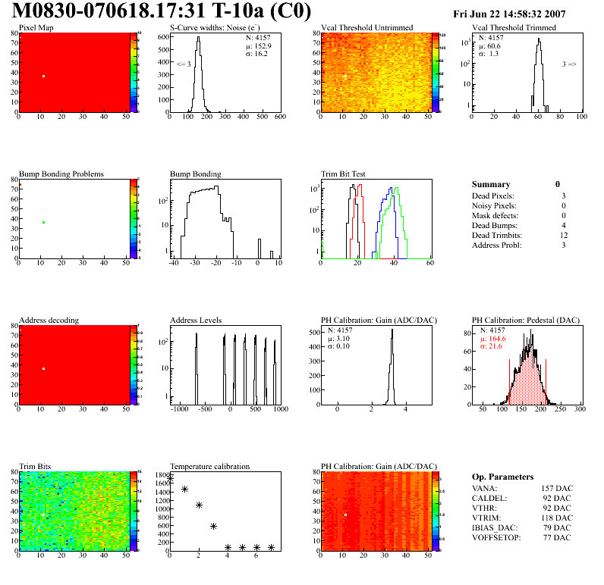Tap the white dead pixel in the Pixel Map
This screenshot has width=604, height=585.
(x=44, y=77)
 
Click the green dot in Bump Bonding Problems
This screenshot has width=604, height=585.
(x=44, y=222)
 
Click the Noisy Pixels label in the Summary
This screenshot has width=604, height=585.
(x=494, y=205)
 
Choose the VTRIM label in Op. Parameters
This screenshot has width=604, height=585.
(x=486, y=517)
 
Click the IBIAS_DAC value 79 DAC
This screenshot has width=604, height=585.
(x=558, y=527)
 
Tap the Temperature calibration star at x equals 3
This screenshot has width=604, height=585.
(x=213, y=526)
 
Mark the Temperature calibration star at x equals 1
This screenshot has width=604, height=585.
(x=184, y=490)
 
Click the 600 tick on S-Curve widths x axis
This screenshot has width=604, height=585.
(x=279, y=117)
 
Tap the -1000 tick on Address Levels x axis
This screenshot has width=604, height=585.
(x=179, y=408)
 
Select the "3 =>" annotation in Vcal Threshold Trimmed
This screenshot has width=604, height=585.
(x=569, y=64)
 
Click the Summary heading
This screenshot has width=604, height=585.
(x=491, y=184)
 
